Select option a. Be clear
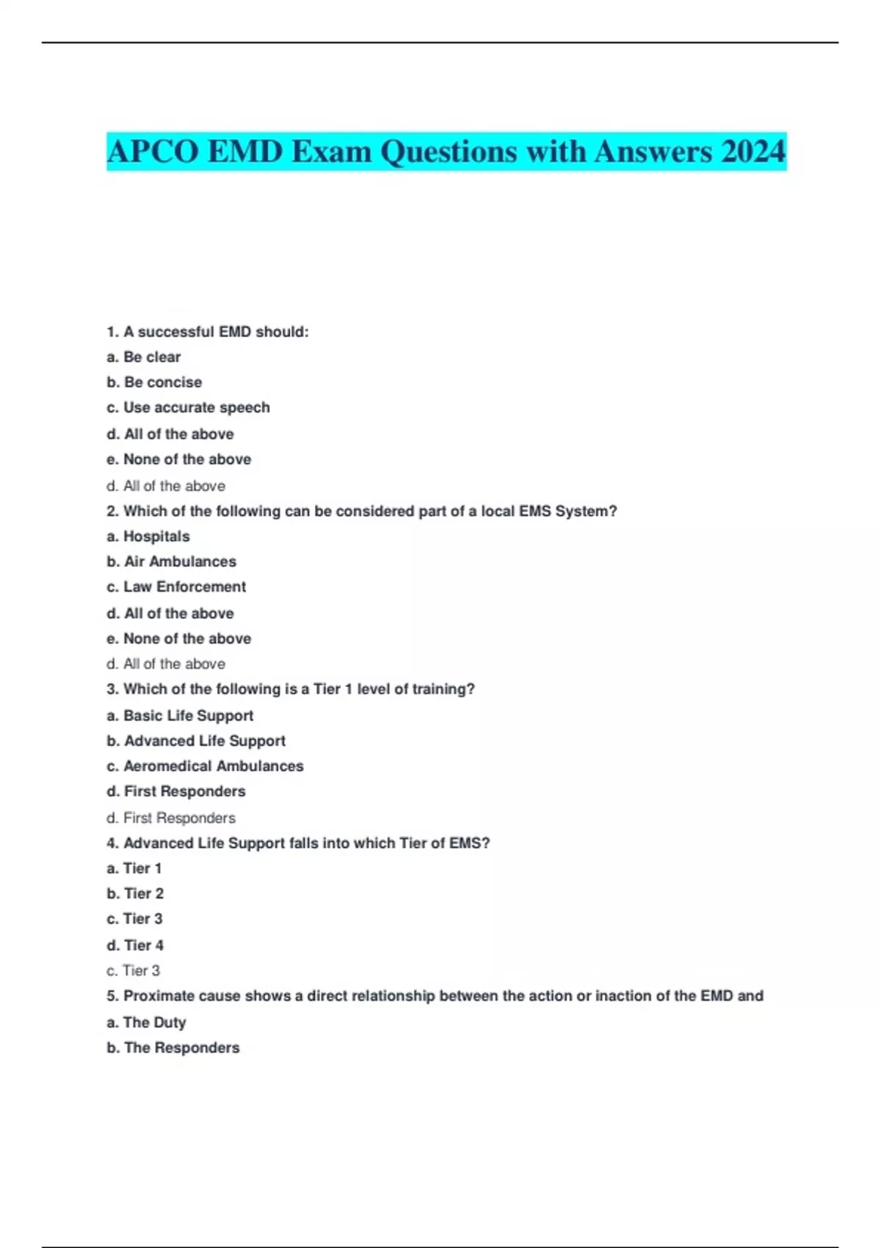143,357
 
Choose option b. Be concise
154,382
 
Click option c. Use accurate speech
188,407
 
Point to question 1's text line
208,332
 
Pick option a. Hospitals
148,537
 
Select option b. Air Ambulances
171,562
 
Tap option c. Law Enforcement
176,587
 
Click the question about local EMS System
361,511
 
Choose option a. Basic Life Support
180,716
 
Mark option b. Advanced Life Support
196,741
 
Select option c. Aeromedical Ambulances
205,766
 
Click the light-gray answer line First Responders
171,818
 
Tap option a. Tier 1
134,868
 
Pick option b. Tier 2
135,893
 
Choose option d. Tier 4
135,945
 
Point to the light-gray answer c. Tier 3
133,971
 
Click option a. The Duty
146,1022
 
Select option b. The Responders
173,1048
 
